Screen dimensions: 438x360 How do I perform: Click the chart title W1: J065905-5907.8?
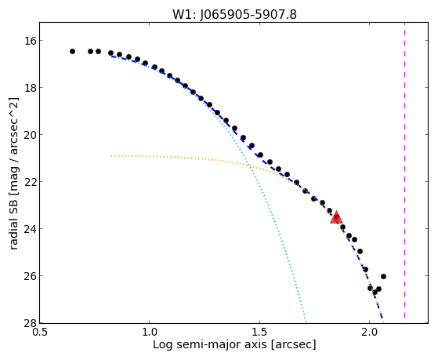[234, 14]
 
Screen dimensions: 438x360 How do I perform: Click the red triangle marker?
[336, 217]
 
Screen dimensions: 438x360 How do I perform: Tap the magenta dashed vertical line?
[404, 170]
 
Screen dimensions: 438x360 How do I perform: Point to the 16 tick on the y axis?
[30, 41]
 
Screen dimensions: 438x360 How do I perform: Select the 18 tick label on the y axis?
[30, 88]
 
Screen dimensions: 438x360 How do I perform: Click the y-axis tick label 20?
[30, 135]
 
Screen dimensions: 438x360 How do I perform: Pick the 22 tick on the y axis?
[30, 182]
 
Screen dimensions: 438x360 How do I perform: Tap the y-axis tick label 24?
[30, 229]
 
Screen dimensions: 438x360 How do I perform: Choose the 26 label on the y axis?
[30, 276]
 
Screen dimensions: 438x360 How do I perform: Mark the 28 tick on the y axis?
[30, 322]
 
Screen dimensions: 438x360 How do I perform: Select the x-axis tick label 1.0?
[150, 333]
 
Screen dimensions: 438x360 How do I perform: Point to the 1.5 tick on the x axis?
[260, 333]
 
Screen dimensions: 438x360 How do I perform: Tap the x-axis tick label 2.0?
[370, 333]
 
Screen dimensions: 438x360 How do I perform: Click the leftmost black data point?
[72, 51]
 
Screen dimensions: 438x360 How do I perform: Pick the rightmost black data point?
[383, 276]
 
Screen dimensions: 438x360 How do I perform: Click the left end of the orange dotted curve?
[111, 156]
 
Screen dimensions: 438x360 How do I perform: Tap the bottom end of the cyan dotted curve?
[306, 321]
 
